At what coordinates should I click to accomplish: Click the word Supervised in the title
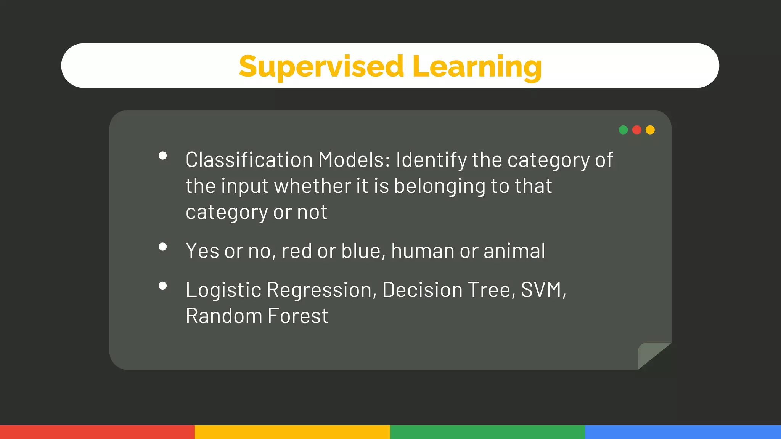(x=321, y=66)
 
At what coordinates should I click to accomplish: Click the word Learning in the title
(x=477, y=66)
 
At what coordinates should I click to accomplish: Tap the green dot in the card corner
(x=623, y=130)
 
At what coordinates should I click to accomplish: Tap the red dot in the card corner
(x=636, y=130)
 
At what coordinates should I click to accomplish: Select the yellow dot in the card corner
(x=650, y=130)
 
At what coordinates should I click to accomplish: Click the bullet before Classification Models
(x=163, y=155)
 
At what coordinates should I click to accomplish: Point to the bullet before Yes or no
(x=163, y=247)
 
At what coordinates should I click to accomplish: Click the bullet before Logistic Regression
(x=163, y=286)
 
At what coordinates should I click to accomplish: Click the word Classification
(x=249, y=160)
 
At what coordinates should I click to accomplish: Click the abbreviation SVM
(x=541, y=290)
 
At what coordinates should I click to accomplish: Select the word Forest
(x=298, y=316)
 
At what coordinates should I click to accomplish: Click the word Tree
(x=491, y=290)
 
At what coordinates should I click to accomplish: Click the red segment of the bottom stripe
(x=97, y=432)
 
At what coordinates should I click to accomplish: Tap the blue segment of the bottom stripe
(x=683, y=432)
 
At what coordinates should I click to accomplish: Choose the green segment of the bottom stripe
(x=487, y=432)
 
